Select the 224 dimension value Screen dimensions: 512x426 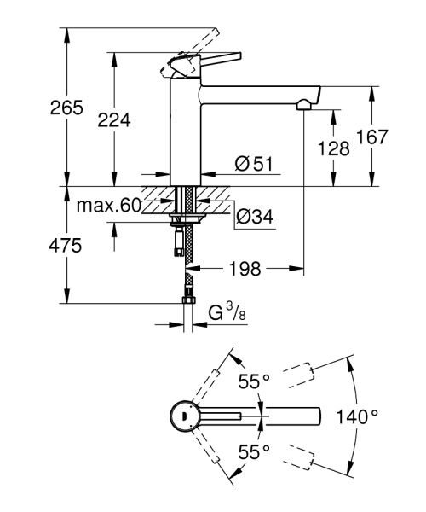[x=114, y=121]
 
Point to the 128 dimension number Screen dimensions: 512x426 [x=332, y=148]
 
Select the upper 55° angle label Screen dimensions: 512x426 [x=253, y=381]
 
